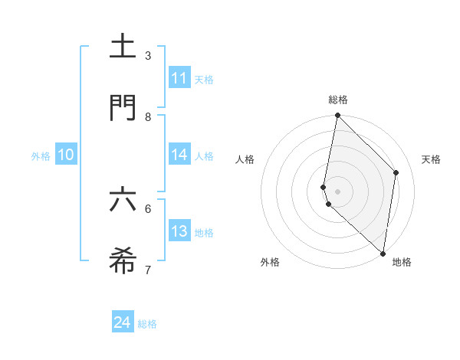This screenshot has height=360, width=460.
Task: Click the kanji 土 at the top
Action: (123, 46)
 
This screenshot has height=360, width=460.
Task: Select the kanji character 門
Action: (123, 108)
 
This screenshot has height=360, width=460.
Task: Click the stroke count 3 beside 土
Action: (148, 55)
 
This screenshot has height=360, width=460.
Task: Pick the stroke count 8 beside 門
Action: (148, 116)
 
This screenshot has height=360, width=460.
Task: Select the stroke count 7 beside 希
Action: (148, 270)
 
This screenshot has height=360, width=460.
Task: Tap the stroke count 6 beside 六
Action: (148, 208)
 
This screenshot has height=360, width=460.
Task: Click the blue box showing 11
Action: (179, 78)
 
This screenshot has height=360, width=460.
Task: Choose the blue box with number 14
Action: (179, 155)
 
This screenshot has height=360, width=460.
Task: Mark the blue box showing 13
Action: (179, 231)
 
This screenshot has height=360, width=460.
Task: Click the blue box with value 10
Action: (66, 155)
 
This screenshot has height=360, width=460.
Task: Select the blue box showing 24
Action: (123, 322)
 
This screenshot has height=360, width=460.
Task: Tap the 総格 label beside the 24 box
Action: (147, 324)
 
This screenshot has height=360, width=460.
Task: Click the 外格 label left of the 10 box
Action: (41, 156)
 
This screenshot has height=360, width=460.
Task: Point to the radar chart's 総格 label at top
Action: (338, 100)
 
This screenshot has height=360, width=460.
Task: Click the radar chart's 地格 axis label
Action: (402, 263)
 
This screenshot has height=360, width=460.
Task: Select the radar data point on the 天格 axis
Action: (396, 172)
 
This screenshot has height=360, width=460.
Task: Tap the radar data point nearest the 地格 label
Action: (383, 253)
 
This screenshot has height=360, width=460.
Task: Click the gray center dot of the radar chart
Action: (337, 191)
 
